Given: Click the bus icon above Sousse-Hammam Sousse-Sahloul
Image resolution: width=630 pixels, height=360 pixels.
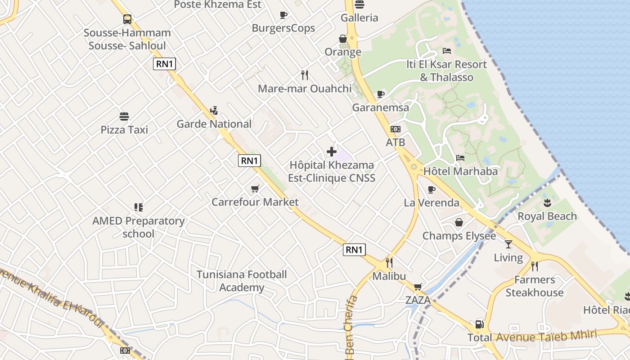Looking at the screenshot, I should coord(127,19).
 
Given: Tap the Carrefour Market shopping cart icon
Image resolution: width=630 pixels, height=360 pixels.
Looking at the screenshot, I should coord(255,189).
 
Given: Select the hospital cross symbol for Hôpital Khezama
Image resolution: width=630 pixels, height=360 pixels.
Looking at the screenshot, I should coord(332,152).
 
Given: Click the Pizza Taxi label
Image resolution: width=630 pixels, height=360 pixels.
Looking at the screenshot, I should coord(124,130).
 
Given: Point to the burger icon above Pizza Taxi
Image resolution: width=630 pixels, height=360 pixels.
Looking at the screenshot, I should coord(124,117).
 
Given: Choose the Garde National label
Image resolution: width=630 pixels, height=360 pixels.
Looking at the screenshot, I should coord(214,124).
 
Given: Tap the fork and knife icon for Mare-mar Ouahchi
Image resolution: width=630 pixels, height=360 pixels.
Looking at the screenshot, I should coord(305,75).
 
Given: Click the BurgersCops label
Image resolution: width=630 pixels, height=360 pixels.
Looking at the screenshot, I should coord(283,28).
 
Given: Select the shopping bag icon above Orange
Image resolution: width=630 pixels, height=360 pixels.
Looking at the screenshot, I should coord(343,39).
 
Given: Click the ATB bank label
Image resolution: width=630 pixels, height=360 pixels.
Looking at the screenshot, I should coord(396,142).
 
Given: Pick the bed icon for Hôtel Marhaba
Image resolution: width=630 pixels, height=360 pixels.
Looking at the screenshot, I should coord(460,158).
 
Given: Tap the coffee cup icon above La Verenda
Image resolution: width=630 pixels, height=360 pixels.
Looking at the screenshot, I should coord(432,189).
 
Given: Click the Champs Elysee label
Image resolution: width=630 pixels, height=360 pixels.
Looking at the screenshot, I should coord(459,236).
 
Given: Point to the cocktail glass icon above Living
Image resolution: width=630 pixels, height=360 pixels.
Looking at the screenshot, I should coord(508,244).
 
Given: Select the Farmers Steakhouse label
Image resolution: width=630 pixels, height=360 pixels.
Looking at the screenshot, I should coord(535,286).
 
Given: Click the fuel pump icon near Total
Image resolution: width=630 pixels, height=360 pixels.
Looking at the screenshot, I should coord(480,324).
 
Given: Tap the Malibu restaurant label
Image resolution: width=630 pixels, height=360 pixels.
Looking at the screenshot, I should coord(389,276).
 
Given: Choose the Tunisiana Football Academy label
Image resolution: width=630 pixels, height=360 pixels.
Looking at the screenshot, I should coord(242,281).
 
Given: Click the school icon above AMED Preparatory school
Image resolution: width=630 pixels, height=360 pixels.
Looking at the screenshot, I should coord(139,207).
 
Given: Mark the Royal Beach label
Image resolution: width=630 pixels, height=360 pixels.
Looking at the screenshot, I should coord(547,216).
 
